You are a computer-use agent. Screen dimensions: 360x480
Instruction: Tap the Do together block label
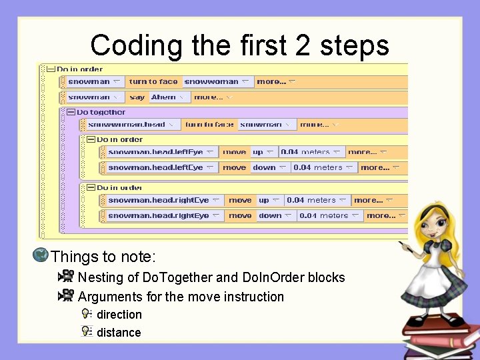101,112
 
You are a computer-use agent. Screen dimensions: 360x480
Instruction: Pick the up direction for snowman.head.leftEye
262,152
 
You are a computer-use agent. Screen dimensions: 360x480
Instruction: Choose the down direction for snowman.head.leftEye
269,168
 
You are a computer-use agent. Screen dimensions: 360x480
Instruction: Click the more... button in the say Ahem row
212,97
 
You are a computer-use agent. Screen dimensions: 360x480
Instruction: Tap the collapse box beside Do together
71,112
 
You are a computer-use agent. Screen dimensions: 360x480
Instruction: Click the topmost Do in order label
79,69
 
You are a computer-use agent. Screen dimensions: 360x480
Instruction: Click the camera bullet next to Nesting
66,277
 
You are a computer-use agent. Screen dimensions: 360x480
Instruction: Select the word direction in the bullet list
119,315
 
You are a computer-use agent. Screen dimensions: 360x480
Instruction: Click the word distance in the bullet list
119,333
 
